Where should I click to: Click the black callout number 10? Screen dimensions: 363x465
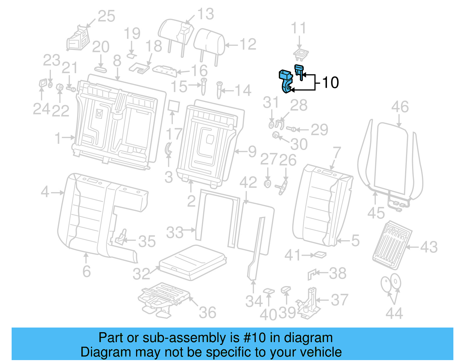(330, 83)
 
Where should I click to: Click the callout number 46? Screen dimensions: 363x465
(400, 107)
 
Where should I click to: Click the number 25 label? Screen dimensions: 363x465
(106, 16)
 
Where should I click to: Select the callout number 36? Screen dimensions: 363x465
(208, 313)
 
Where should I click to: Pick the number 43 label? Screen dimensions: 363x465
(429, 247)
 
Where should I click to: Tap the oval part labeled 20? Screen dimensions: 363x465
(101, 69)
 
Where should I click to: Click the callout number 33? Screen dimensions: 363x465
(175, 233)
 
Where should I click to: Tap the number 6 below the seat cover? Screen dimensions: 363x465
(87, 271)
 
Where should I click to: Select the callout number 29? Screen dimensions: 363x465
(319, 130)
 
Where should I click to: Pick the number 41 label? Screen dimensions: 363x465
(293, 255)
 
